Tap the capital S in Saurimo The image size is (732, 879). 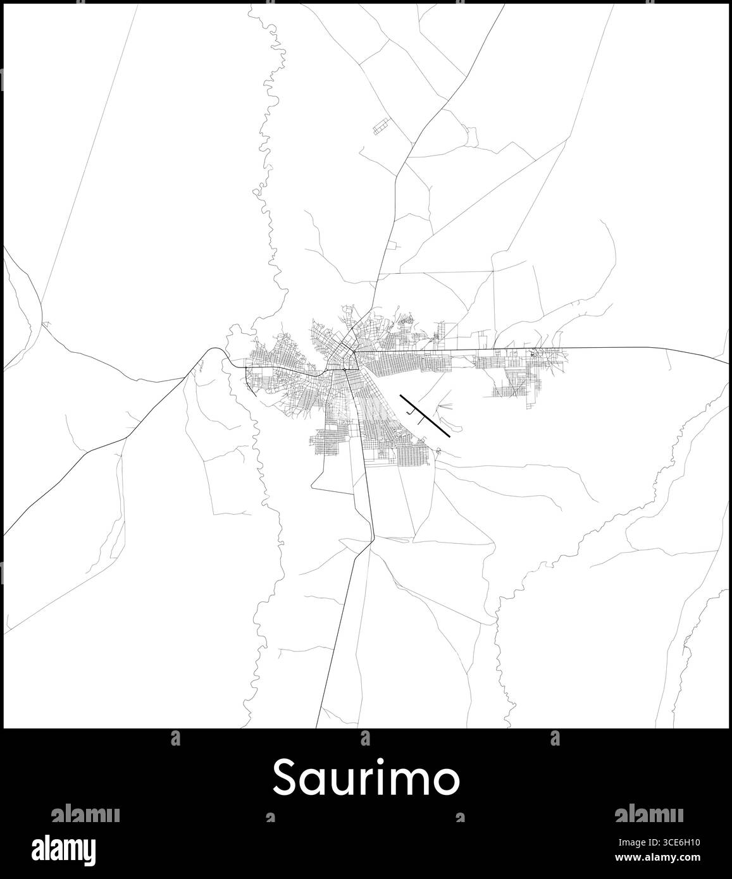click(285, 778)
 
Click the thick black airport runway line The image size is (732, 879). click(425, 416)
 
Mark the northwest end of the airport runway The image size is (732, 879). click(401, 396)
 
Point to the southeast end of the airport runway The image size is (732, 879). click(449, 436)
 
